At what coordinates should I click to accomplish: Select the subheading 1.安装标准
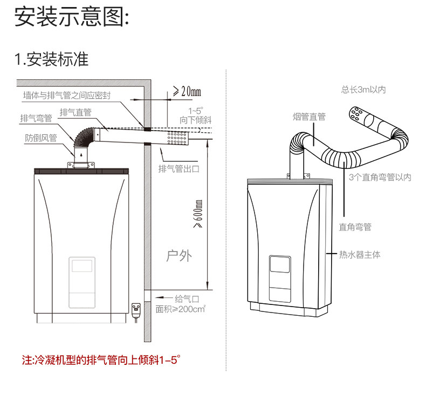pos(52,59)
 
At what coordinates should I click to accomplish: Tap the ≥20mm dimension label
pos(187,91)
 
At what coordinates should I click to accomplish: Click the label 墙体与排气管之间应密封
pos(67,96)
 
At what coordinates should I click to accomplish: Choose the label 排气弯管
pos(36,118)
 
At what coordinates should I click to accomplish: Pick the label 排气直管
pos(75,112)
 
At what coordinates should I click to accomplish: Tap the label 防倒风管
pos(41,138)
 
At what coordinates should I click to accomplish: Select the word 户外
pos(178,255)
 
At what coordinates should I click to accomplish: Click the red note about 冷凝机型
pos(99,359)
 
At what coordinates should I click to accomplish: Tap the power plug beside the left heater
pos(135,309)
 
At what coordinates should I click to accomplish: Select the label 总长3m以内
pos(363,90)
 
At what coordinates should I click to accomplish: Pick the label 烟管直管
pos(310,117)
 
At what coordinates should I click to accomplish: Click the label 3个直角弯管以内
pos(380,177)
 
